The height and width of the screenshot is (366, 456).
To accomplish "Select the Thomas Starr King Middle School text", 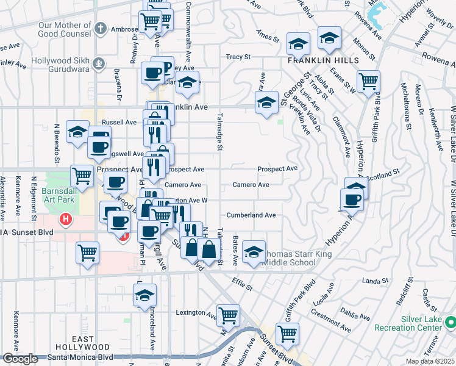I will (289, 258).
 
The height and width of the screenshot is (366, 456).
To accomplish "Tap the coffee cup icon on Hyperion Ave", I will (352, 199).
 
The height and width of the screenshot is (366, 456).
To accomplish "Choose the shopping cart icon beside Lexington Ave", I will (228, 315).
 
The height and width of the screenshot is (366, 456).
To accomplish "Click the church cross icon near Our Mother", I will (101, 29).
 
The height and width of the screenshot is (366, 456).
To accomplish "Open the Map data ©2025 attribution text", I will (430, 361).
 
